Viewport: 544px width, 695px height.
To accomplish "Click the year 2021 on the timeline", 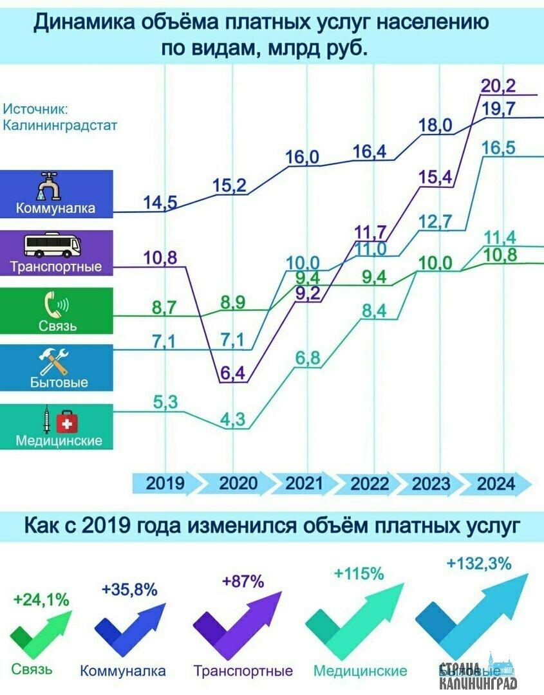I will pyautogui.click(x=305, y=483).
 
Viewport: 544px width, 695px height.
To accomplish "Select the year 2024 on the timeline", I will pyautogui.click(x=496, y=483).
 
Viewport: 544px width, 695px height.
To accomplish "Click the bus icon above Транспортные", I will pyautogui.click(x=53, y=245).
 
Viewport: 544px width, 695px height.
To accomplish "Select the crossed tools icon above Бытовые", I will pyautogui.click(x=55, y=362).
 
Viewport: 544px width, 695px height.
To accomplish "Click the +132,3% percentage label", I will pyautogui.click(x=479, y=564).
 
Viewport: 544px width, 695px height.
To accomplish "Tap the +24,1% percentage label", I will pyautogui.click(x=41, y=600).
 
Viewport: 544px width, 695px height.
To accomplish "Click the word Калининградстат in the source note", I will pyautogui.click(x=60, y=125).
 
